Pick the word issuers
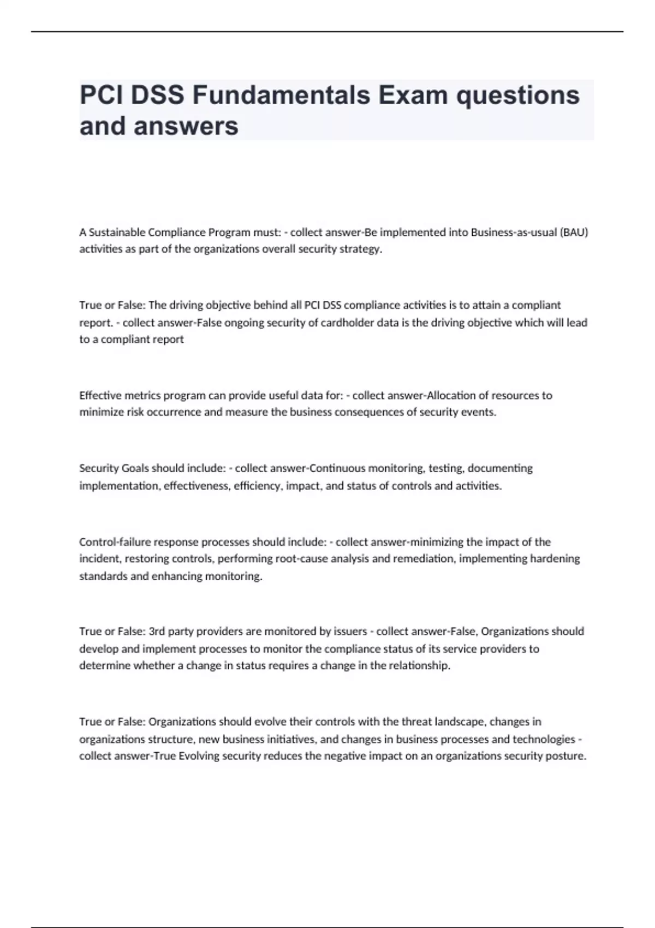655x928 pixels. [350, 632]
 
